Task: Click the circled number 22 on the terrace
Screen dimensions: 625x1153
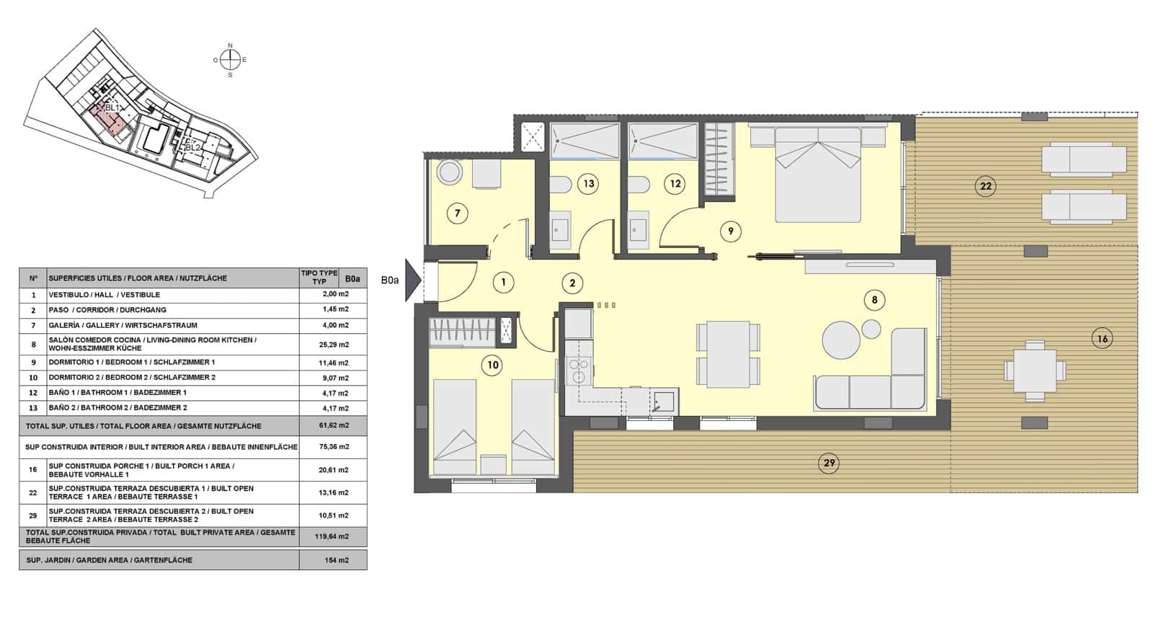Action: pyautogui.click(x=985, y=187)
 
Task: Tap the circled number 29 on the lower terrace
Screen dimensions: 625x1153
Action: pyautogui.click(x=829, y=463)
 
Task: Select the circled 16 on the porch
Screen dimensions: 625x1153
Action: pyautogui.click(x=1102, y=338)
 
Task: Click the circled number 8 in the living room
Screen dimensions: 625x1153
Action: pyautogui.click(x=874, y=300)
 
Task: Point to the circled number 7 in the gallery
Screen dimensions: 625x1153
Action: pyautogui.click(x=457, y=213)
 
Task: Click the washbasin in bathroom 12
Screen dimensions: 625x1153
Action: pyautogui.click(x=638, y=231)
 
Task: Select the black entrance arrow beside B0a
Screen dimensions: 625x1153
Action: pyautogui.click(x=412, y=280)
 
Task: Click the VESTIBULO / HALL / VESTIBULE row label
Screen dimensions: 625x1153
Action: pyautogui.click(x=104, y=295)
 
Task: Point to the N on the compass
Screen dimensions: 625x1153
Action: pyautogui.click(x=231, y=46)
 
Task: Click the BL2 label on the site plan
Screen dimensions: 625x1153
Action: pyautogui.click(x=192, y=147)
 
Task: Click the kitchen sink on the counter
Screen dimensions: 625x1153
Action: pyautogui.click(x=664, y=402)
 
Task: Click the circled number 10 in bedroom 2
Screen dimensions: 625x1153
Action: pyautogui.click(x=493, y=365)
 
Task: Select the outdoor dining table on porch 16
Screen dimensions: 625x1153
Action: pyautogui.click(x=1034, y=371)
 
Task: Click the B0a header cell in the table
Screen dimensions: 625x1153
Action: pyautogui.click(x=352, y=278)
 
